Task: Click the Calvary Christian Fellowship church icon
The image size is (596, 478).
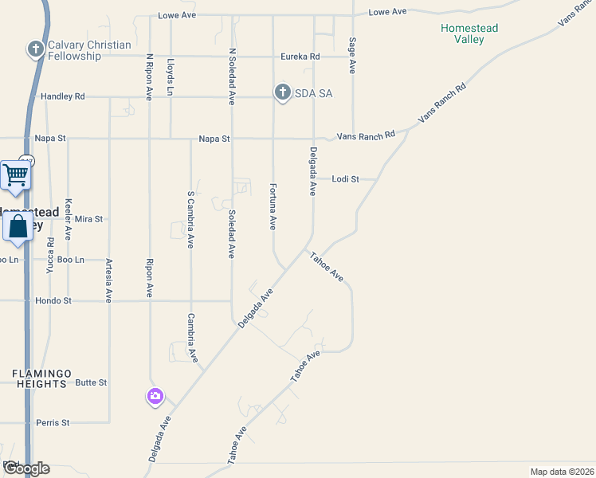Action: [x=35, y=50]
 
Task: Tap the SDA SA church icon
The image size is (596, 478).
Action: [x=282, y=93]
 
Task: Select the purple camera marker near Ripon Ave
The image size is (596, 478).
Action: [x=155, y=396]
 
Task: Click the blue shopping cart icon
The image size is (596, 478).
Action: [x=16, y=176]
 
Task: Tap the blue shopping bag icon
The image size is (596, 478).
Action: [x=18, y=227]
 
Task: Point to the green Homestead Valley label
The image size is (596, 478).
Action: [x=469, y=34]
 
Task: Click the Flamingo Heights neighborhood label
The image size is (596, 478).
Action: [x=40, y=378]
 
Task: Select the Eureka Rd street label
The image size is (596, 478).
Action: [x=300, y=57]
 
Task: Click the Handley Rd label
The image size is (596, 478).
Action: [x=62, y=96]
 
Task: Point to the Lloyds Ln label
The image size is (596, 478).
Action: [x=171, y=76]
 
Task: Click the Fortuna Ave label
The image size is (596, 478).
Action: [x=273, y=206]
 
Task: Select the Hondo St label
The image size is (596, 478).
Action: [x=53, y=301]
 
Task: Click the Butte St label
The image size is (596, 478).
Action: [x=91, y=382]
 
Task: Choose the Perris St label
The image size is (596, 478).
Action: [x=53, y=422]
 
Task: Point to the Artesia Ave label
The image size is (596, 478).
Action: [x=108, y=284]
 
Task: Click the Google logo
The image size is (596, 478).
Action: [x=26, y=468]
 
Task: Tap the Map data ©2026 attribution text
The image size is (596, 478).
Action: [x=562, y=472]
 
